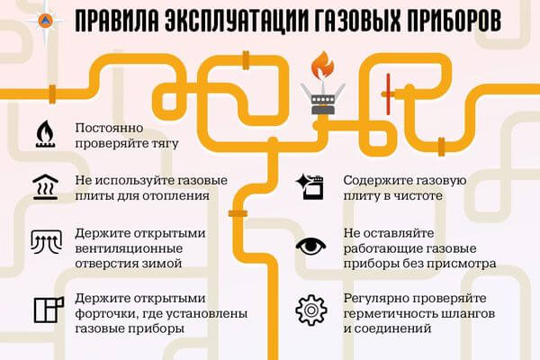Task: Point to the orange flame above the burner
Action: click(322, 66)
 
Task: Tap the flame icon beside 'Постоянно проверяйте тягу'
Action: click(45, 132)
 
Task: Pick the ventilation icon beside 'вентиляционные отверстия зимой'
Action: click(45, 241)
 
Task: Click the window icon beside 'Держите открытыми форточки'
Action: click(46, 309)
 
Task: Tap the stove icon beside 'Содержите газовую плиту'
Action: click(310, 186)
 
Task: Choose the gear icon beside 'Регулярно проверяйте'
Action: click(310, 310)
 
